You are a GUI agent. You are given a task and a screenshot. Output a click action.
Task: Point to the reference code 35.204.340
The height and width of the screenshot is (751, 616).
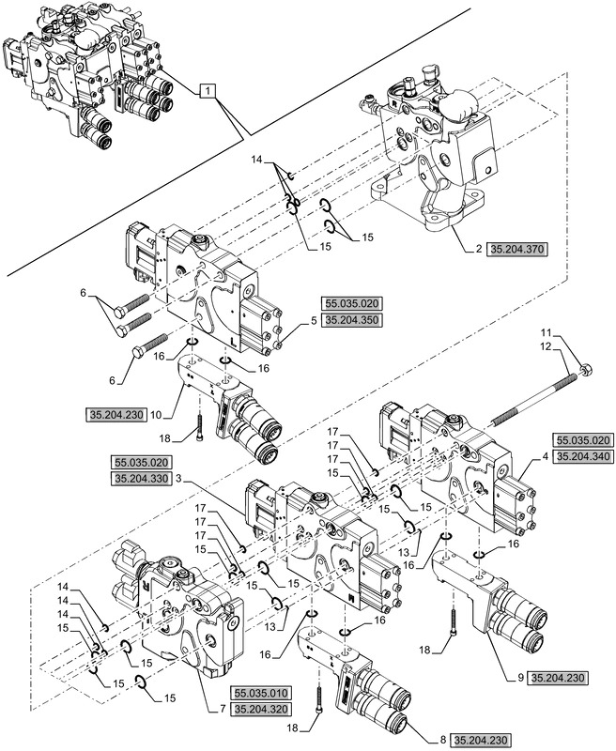pos(584,456)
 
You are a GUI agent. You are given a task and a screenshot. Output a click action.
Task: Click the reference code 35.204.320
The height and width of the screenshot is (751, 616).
pos(265,711)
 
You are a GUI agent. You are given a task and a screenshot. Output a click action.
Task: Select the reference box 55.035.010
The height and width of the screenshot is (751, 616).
pos(265,694)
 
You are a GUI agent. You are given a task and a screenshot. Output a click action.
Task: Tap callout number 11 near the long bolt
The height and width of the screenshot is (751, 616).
pos(549,334)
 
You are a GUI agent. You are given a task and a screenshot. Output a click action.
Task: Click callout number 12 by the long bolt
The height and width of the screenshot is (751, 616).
pos(549,348)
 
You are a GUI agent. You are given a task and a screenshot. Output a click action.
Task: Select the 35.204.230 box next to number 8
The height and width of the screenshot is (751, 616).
pos(485,741)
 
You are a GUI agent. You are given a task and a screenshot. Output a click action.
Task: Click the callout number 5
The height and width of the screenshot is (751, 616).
pos(314,321)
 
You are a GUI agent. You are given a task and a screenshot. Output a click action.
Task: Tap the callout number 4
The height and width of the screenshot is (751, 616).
pos(544,456)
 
